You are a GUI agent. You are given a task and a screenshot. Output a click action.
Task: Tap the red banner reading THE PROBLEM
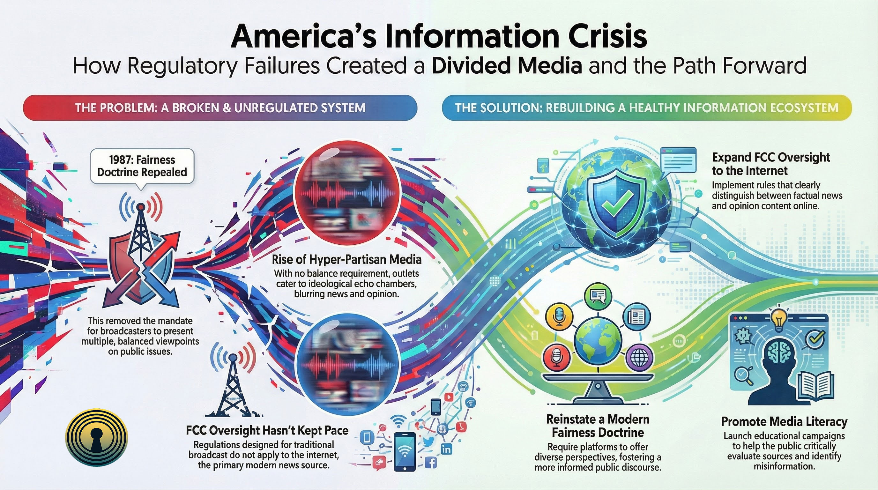220,108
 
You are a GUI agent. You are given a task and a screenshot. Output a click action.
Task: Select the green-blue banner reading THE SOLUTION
646,108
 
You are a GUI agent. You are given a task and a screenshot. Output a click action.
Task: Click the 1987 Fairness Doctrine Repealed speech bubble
142,166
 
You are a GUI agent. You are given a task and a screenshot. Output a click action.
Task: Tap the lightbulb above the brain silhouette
778,319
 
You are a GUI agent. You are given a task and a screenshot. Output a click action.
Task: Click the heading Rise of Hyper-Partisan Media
346,260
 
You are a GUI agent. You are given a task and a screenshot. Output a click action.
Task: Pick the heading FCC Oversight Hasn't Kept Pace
267,430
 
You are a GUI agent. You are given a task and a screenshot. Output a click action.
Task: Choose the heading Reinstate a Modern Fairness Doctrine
598,426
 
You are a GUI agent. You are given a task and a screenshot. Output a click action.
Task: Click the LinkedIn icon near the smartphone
446,449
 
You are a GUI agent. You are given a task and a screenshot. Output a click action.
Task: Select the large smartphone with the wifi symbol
405,452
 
